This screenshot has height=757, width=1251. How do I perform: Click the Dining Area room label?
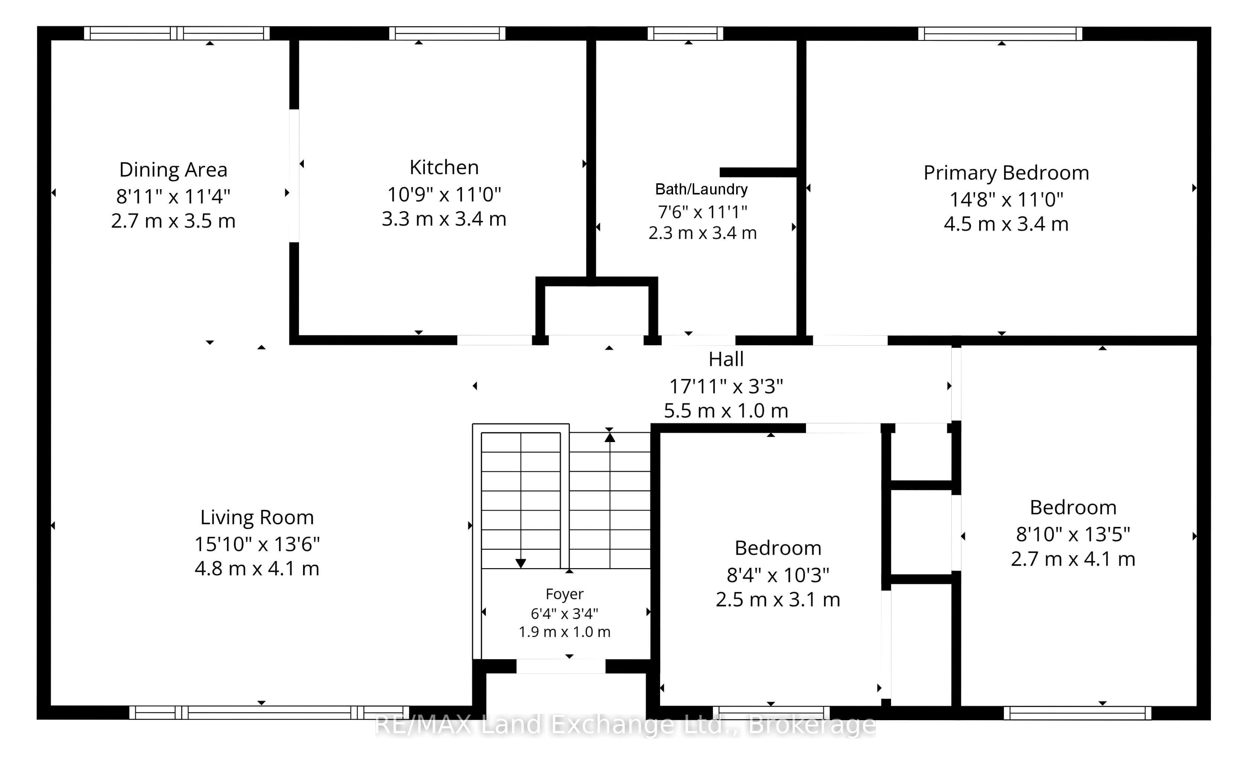(173, 170)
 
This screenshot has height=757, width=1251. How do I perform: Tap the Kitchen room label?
(444, 167)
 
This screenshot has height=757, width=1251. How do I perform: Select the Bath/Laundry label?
(701, 190)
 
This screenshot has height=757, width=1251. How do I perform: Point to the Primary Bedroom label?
(1006, 173)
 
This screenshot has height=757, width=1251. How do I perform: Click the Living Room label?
(257, 518)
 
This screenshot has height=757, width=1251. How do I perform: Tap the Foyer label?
(565, 594)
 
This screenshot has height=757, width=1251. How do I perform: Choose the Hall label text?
(726, 359)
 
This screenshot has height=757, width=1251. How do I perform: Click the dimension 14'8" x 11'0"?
(1006, 199)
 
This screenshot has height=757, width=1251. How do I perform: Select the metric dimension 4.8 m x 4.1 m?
(257, 568)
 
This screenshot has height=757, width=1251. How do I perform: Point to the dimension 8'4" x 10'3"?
(778, 574)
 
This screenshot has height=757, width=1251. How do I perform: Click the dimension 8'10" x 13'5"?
(1073, 534)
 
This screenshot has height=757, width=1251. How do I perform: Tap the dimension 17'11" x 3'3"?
(726, 386)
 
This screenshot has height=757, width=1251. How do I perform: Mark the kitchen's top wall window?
(447, 33)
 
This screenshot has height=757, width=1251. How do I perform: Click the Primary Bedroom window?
(1000, 33)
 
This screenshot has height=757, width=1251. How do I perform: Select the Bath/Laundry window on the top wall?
(685, 33)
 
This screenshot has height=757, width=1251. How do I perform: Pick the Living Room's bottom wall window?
(269, 712)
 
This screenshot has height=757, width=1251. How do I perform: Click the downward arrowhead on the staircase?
(520, 563)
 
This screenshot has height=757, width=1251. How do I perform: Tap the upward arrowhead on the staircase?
(610, 437)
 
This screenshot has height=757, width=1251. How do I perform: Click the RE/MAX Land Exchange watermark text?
(625, 725)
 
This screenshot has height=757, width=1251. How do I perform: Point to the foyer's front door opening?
(561, 666)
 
